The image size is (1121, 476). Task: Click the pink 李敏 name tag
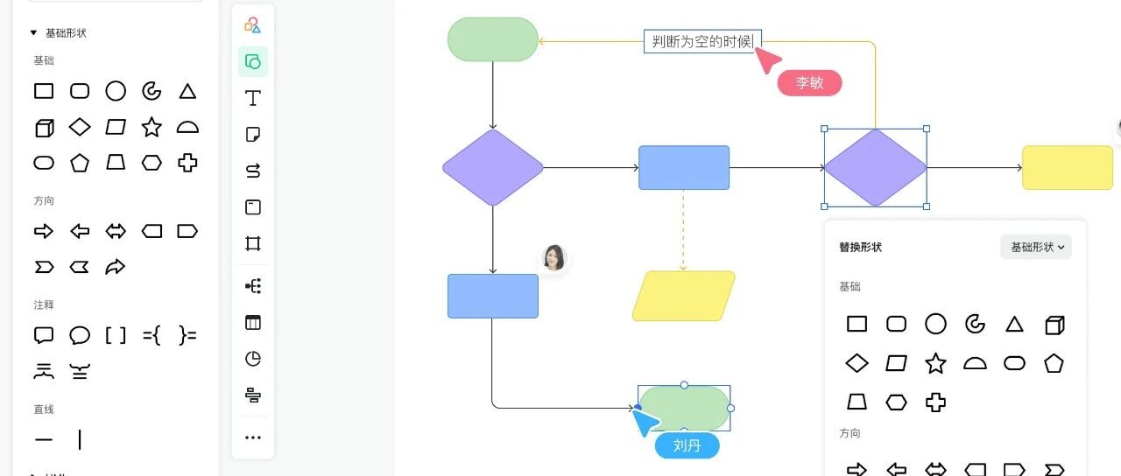point(809,83)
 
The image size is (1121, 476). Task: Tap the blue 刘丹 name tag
point(687,446)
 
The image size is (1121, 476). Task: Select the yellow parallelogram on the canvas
point(683,296)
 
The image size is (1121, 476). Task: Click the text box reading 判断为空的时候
point(702,41)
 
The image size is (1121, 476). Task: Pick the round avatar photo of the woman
point(553,258)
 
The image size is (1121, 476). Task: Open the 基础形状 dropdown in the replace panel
point(1036,248)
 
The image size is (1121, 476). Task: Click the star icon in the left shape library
point(152,127)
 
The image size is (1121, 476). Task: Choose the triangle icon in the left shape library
point(187,91)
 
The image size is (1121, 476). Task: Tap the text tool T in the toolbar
point(253,98)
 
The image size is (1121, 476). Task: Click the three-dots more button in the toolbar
point(253,437)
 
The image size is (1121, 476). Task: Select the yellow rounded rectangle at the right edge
point(1067,168)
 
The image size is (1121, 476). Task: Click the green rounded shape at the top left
point(492,39)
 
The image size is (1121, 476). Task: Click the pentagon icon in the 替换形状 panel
point(1054,363)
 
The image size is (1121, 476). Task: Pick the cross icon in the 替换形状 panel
point(936,402)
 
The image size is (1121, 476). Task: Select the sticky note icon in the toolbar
point(253,135)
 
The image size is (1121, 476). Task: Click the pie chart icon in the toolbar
point(253,359)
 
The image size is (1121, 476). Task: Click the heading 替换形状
point(860,248)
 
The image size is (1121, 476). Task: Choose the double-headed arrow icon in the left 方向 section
point(116,231)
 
